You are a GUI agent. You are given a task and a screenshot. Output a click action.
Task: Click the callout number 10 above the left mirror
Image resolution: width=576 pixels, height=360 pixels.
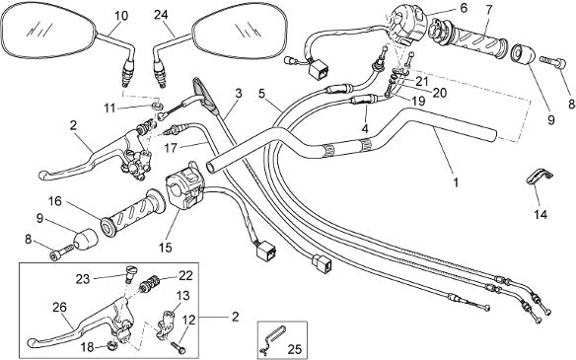click(121, 16)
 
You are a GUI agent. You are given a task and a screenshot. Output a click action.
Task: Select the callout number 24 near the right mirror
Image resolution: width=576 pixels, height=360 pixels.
click(161, 15)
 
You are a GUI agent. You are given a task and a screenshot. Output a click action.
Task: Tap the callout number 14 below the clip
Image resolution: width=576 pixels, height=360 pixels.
click(540, 215)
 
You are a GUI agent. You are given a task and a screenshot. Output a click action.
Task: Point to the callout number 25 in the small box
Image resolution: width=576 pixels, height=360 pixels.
click(294, 349)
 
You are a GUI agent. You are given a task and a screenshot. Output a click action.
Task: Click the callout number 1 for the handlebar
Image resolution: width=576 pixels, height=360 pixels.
click(456, 182)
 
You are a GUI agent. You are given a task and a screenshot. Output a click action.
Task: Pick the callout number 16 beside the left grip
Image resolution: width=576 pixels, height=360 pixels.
click(55, 201)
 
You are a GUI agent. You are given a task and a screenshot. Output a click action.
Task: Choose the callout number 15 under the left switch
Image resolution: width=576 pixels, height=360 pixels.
click(166, 248)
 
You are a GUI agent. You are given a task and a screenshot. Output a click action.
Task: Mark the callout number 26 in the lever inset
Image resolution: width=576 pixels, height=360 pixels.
click(59, 307)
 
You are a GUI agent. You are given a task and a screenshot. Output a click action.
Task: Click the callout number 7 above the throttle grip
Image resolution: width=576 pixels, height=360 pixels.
click(488, 10)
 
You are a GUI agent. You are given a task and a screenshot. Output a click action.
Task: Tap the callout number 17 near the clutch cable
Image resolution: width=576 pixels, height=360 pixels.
click(171, 148)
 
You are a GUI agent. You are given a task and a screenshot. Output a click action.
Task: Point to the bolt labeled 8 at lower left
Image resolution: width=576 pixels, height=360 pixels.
click(61, 253)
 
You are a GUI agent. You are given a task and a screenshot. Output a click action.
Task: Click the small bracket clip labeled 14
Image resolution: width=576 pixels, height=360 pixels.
click(540, 177)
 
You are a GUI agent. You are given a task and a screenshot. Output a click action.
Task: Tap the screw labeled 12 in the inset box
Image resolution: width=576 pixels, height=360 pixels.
click(178, 345)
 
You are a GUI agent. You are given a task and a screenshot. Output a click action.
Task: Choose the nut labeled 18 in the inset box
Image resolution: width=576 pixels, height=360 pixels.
click(110, 344)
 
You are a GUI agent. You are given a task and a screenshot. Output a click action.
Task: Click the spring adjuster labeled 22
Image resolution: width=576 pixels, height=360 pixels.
click(150, 284)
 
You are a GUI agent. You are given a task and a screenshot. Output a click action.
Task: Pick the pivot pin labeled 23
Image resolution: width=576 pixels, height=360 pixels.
click(130, 273)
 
